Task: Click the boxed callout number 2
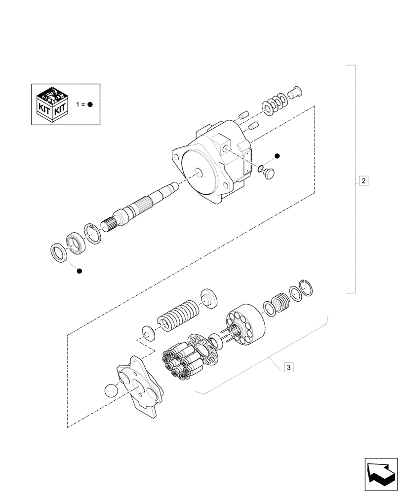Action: pos(363,180)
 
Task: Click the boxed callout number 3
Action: pos(289,367)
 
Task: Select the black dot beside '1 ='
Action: pos(91,105)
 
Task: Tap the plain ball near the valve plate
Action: pos(112,393)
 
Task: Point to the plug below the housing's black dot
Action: pos(270,174)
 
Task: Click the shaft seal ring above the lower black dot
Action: pos(60,251)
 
